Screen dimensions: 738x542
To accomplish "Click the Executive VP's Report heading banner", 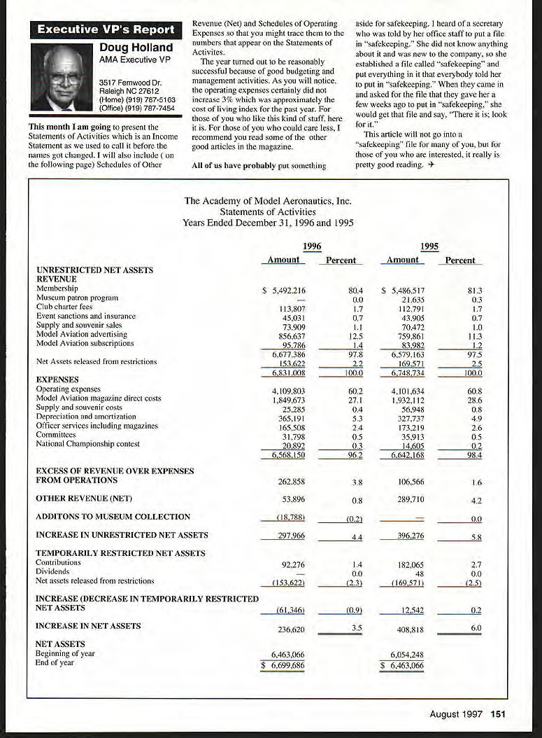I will coord(105,29).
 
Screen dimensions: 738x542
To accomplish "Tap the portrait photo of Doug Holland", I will coord(66,77).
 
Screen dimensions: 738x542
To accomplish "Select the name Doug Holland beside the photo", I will coord(136,48).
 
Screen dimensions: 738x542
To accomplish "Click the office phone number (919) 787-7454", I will coord(136,109).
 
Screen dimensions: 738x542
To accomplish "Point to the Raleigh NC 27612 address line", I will coord(130,92).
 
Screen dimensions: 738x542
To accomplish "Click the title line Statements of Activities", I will coord(267,211).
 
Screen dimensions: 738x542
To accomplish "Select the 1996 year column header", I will coord(312,246).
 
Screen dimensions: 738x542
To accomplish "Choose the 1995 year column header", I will coord(430,246).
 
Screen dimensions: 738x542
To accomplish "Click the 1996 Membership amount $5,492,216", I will coord(284,290).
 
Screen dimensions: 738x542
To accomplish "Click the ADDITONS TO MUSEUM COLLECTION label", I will coord(113,517).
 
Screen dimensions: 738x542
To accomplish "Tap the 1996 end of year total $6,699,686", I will coord(283,665).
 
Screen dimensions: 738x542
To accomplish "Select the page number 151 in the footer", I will coord(498,714).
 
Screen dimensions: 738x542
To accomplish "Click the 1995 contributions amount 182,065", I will coord(409,563).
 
